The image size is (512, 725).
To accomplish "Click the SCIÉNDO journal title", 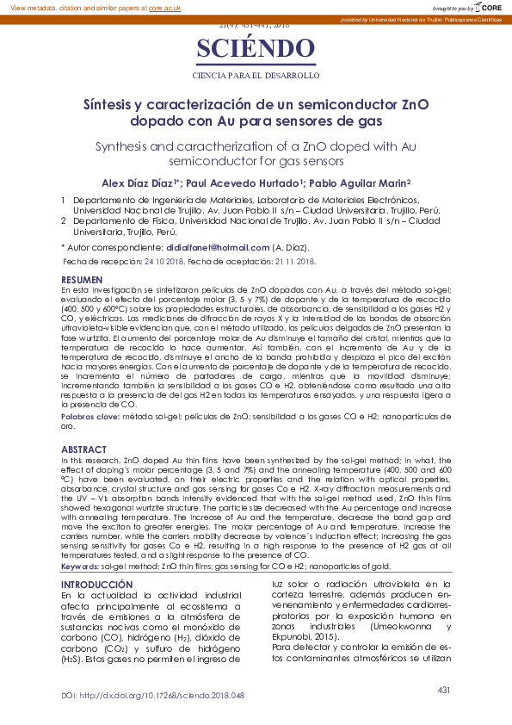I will pos(255,50).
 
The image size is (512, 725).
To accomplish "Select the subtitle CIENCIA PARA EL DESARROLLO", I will pos(255,76).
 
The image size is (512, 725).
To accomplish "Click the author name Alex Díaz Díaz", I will pos(137,183).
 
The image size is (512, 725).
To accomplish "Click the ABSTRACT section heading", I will pos(84,449).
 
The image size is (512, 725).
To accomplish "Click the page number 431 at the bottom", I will pos(444,690).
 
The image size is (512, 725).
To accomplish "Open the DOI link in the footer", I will pos(152,695).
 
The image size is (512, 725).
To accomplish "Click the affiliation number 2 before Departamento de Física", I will pos(63,220).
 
